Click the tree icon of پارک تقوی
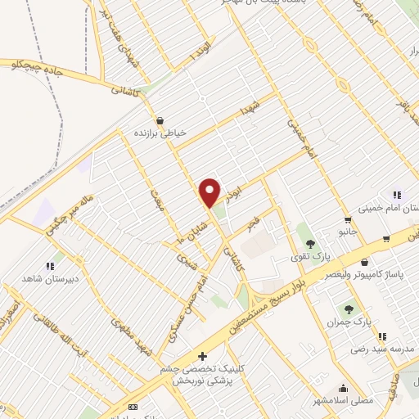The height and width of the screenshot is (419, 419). (309, 243)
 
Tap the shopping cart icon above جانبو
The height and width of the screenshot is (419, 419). (348, 219)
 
